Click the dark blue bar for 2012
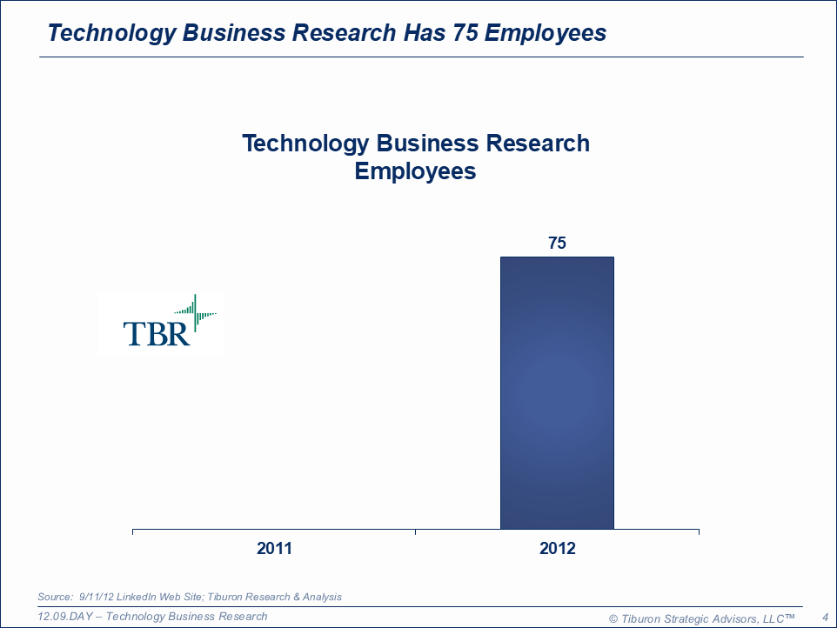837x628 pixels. (x=557, y=392)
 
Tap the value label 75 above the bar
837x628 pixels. (x=557, y=243)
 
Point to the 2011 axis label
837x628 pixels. (x=274, y=549)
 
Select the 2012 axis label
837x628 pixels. (x=557, y=549)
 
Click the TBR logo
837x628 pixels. (x=161, y=324)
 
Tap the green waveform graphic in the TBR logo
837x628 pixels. (x=196, y=311)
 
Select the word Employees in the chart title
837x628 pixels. (x=415, y=170)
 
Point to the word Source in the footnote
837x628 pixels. (x=54, y=597)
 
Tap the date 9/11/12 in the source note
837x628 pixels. (x=96, y=597)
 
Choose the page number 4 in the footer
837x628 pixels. (x=824, y=618)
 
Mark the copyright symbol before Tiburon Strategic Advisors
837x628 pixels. (x=613, y=618)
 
